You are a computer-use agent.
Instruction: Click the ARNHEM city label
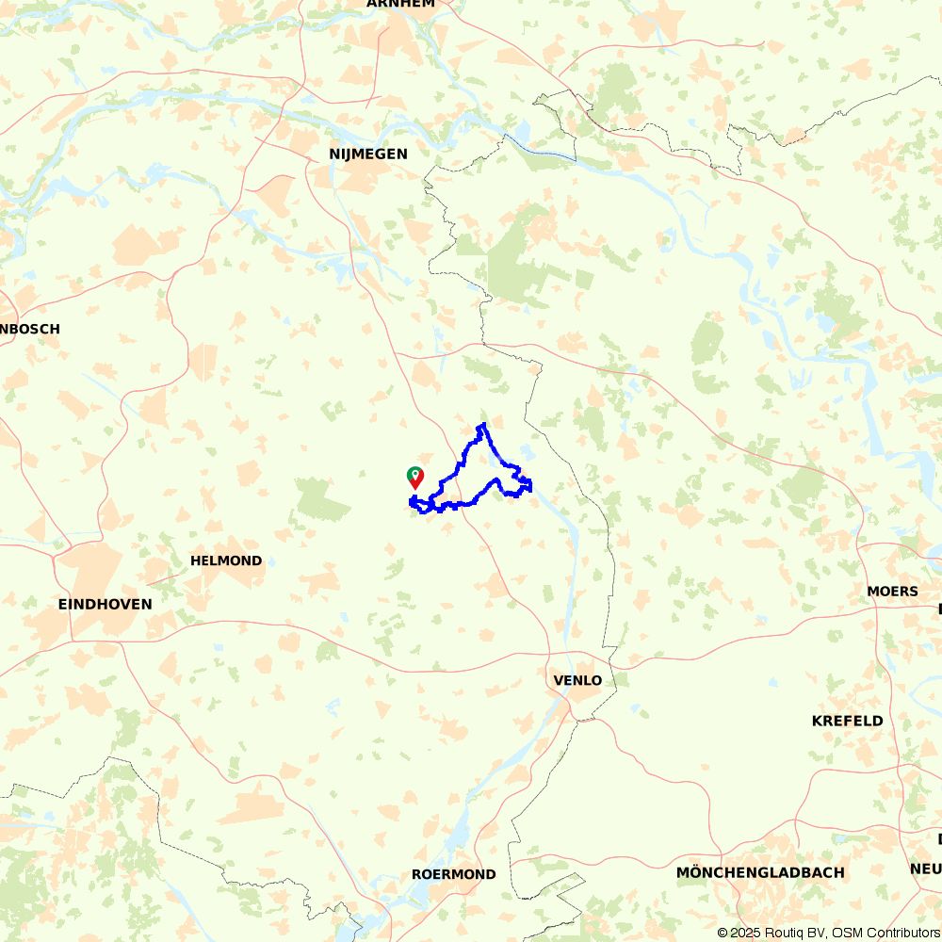coord(400,4)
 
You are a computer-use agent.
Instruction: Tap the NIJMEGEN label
coord(368,154)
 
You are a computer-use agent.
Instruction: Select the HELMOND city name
coord(226,560)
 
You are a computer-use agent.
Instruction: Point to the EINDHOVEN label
coord(105,604)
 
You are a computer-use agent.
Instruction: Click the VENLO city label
coord(578,680)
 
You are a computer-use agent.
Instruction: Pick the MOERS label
coord(892,592)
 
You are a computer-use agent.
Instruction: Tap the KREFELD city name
coord(848,721)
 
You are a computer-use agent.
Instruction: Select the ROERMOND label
coord(453,874)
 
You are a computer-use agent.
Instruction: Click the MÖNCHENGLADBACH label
coord(760,872)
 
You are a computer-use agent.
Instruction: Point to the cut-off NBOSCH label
coord(30,329)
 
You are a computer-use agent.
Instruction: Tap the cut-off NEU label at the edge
coord(926,868)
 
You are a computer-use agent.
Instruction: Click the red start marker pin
coord(415,480)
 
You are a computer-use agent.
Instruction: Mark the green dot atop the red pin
coord(413,473)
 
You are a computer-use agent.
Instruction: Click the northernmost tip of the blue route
coord(483,425)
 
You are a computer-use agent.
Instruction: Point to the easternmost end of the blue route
coord(531,486)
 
